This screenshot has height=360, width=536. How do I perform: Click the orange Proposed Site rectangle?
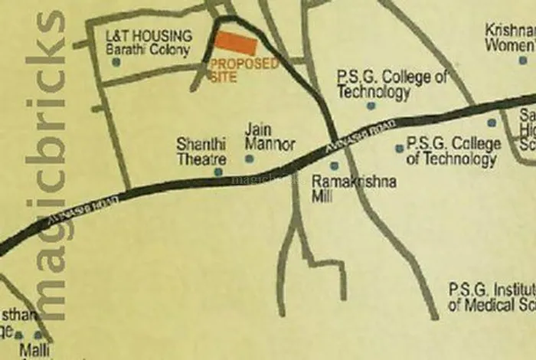236,44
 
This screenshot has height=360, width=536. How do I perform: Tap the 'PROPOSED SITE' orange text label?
243,70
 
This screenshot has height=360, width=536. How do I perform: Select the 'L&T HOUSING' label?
149,35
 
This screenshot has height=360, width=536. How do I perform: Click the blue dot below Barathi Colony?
116,62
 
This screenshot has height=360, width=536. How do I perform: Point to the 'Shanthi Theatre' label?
201,151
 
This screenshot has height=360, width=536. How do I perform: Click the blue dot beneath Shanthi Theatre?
218,172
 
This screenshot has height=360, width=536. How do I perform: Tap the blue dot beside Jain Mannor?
249,159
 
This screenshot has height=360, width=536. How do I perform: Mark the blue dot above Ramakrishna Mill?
334,165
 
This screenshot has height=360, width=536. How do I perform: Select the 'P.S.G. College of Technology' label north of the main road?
391,84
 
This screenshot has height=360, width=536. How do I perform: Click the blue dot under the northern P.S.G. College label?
371,106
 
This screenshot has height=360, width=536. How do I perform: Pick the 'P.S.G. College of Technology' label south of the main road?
453,151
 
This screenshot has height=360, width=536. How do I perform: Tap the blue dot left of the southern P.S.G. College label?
399,149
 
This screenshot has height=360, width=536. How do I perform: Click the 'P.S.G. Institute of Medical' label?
490,298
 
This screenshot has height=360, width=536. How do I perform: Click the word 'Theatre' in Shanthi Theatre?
201,159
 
